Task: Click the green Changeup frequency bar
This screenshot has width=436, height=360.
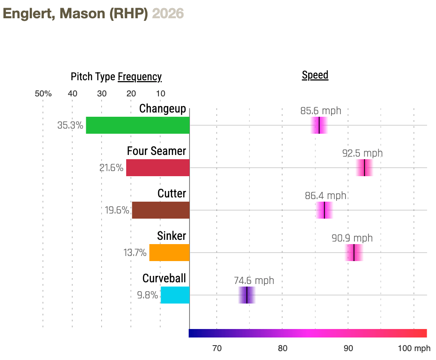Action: pos(138,125)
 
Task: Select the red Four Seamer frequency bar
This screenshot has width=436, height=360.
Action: pos(158,168)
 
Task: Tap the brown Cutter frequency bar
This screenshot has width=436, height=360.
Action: pos(161,210)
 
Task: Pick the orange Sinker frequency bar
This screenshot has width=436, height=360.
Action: pos(169,253)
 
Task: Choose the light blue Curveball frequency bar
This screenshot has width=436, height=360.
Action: pos(175,295)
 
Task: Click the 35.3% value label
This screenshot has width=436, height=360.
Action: pos(70,126)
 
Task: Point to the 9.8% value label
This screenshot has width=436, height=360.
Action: pos(147,295)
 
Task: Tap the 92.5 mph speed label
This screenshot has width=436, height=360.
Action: pos(362,153)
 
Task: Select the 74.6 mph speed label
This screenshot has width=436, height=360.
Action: pos(254,281)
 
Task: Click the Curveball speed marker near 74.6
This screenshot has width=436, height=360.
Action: pos(247,295)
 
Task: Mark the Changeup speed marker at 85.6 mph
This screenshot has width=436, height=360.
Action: pos(319,125)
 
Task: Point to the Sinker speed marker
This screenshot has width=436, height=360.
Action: pos(354,253)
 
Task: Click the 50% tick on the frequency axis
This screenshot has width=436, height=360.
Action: pos(43,94)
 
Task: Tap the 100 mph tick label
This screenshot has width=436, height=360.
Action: pos(414,349)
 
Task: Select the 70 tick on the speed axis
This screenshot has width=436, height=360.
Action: pos(217,349)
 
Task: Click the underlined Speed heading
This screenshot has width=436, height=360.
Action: pos(315,75)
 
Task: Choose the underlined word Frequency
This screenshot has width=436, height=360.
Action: pos(139,77)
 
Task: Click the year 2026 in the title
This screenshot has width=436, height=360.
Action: pos(168,14)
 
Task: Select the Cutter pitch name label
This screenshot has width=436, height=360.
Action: pos(172,194)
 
